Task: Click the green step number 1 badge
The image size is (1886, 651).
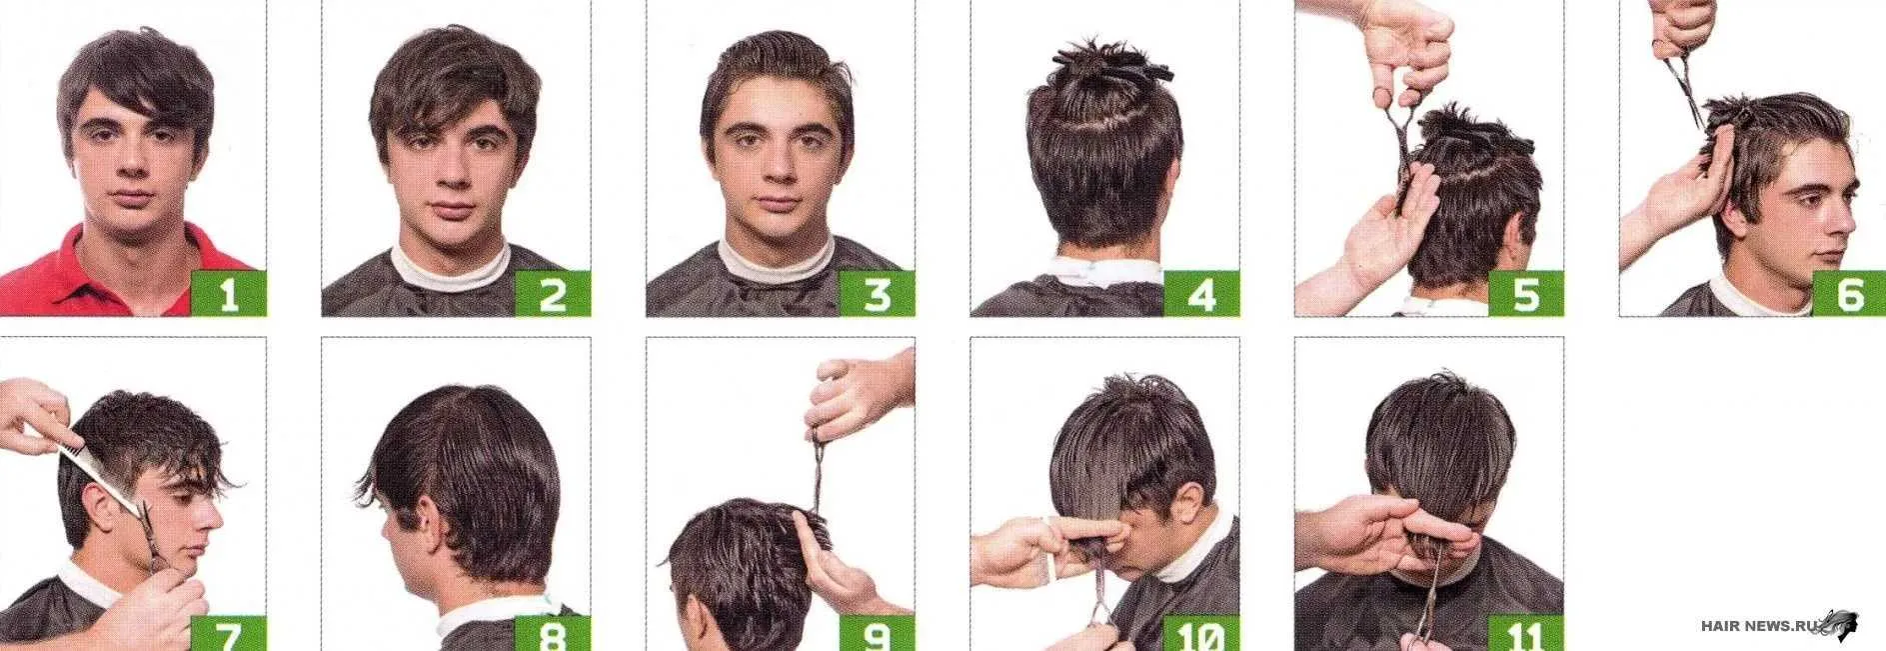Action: [228, 293]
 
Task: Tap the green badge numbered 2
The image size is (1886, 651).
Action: [553, 293]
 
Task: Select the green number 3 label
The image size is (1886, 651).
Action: [877, 293]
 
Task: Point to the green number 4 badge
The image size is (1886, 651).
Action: [1201, 293]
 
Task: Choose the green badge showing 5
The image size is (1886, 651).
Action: [1525, 293]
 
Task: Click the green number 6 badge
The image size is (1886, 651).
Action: [1849, 293]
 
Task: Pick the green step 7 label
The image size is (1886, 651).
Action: [228, 633]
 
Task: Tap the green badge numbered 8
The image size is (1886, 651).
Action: [553, 633]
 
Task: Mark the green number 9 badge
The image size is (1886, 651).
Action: [877, 633]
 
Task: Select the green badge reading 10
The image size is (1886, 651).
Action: [1201, 633]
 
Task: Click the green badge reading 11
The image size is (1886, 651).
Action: [1525, 633]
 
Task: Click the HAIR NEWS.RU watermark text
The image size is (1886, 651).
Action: [1757, 626]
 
